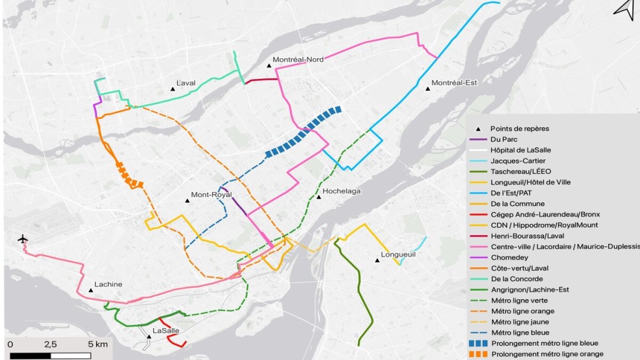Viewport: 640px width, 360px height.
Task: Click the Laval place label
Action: pyautogui.click(x=186, y=84)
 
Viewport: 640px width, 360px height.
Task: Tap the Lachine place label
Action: pyautogui.click(x=108, y=284)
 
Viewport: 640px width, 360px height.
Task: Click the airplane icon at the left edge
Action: pyautogui.click(x=24, y=240)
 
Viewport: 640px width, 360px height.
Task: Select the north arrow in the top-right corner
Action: pyautogui.click(x=624, y=8)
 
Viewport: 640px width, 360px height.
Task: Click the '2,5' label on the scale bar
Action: pyautogui.click(x=51, y=344)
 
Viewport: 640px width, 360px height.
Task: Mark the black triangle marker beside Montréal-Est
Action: pyautogui.click(x=427, y=88)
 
